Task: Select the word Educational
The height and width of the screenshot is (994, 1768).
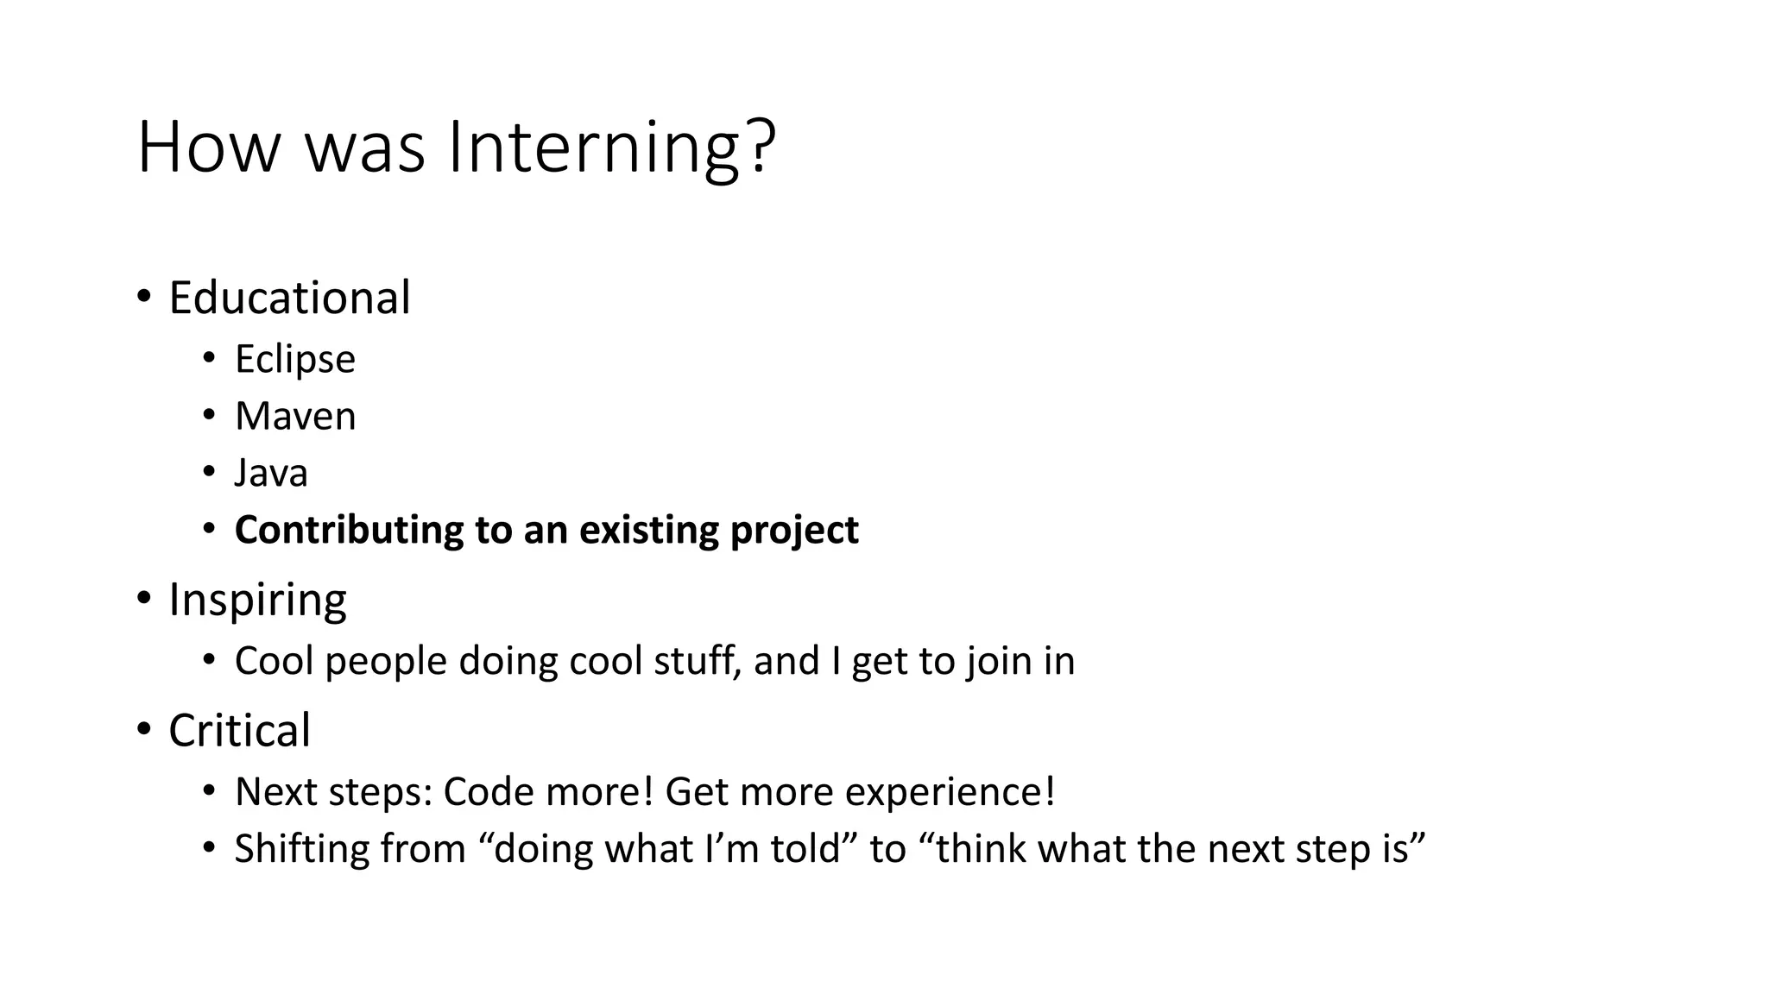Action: click(289, 298)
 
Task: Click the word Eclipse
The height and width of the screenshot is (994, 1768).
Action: click(294, 359)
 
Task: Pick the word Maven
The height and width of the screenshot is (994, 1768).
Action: click(295, 416)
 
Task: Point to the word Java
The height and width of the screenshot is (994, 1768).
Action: click(271, 473)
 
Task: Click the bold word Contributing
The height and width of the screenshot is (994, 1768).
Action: click(349, 530)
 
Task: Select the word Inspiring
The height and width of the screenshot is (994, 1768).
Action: click(257, 600)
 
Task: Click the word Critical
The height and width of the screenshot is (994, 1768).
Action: click(239, 731)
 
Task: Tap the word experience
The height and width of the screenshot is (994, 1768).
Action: click(950, 792)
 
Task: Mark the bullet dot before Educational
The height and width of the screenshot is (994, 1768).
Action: click(143, 296)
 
